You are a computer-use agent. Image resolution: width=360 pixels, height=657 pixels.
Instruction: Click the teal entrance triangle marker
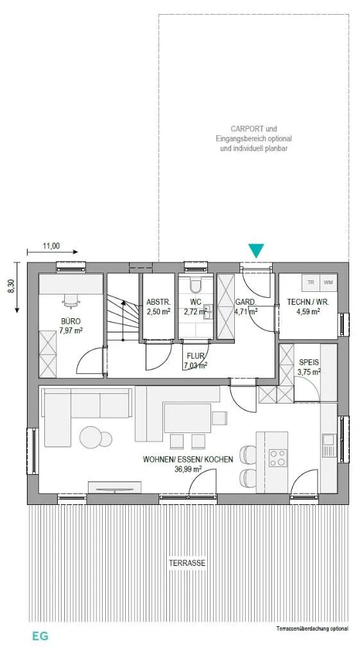255,251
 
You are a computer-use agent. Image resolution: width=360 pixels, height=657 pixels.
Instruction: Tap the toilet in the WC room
196,285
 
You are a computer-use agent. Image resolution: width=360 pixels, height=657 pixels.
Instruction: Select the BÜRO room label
71,321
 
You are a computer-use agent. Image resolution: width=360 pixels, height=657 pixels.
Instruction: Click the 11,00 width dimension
51,246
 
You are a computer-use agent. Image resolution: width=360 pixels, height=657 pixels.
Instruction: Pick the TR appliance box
311,282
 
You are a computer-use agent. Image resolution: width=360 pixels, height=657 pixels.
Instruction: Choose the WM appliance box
328,282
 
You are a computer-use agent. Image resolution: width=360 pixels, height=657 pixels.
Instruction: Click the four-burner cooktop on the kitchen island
278,457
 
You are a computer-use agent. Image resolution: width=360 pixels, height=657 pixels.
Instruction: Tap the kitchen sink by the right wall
328,439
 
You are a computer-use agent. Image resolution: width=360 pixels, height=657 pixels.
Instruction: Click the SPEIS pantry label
309,363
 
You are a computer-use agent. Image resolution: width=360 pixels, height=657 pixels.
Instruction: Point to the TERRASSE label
187,563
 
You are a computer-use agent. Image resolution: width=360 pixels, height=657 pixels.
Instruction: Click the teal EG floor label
40,636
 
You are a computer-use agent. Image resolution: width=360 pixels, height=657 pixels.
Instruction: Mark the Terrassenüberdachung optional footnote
313,629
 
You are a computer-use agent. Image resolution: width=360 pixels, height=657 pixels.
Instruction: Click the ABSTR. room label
158,302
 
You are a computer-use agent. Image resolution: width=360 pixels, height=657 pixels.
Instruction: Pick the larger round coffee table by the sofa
90,438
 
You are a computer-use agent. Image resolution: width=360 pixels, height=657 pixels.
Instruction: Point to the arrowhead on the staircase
123,303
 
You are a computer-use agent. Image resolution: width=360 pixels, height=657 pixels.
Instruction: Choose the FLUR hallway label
196,356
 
